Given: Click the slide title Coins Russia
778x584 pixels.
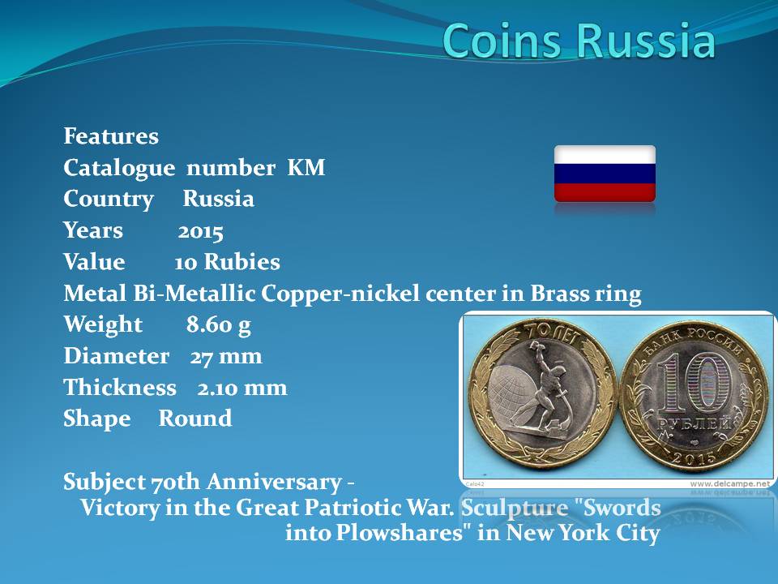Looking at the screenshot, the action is pyautogui.click(x=579, y=40).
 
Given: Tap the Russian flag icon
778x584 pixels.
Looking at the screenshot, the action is pyautogui.click(x=605, y=174).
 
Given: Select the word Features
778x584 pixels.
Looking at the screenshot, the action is pyautogui.click(x=111, y=136).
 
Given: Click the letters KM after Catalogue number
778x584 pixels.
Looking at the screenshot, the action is pyautogui.click(x=306, y=167).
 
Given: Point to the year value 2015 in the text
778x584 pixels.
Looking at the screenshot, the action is pyautogui.click(x=200, y=231).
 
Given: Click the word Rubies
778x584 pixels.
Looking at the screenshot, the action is pyautogui.click(x=242, y=262).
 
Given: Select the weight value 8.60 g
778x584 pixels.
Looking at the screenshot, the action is pyautogui.click(x=219, y=325).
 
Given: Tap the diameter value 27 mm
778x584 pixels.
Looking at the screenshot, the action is pyautogui.click(x=226, y=357).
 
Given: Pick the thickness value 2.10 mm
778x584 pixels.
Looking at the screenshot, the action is pyautogui.click(x=242, y=388).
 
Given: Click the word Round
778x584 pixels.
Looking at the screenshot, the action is pyautogui.click(x=195, y=419).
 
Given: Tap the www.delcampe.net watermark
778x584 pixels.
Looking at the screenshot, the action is pyautogui.click(x=730, y=483).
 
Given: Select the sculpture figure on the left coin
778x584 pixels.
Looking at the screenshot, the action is pyautogui.click(x=551, y=384).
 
